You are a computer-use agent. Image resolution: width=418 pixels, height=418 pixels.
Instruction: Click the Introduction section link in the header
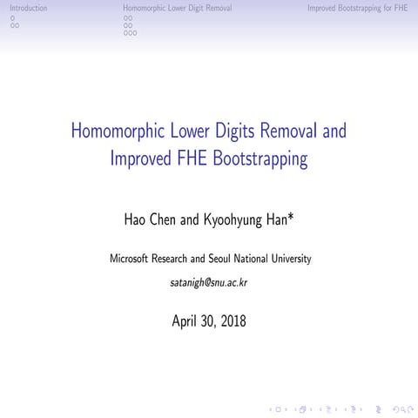(x=23, y=8)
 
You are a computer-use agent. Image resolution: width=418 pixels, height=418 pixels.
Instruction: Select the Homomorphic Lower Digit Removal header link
(x=178, y=8)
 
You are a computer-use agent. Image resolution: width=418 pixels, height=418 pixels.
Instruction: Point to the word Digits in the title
(x=245, y=133)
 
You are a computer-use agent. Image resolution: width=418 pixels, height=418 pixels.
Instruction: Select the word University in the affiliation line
(x=288, y=259)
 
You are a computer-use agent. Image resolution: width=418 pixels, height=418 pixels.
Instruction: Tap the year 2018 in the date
(x=233, y=321)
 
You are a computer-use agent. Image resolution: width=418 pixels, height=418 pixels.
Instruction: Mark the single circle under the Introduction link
(x=12, y=17)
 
